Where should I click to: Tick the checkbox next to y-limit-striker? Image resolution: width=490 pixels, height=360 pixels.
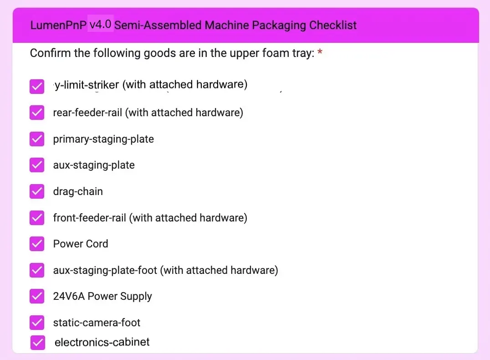click(x=37, y=87)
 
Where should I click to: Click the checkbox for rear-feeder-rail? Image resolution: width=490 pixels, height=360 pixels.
click(x=37, y=113)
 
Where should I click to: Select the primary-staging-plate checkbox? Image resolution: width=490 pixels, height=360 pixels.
click(x=37, y=139)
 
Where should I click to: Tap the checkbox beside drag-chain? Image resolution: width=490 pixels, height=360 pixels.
click(x=37, y=191)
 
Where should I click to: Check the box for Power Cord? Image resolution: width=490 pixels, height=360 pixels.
click(x=37, y=244)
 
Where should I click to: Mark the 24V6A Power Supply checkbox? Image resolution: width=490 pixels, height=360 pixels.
click(x=37, y=296)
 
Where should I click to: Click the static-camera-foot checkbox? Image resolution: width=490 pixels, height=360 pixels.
click(x=37, y=323)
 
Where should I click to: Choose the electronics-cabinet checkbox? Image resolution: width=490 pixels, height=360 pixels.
click(x=38, y=342)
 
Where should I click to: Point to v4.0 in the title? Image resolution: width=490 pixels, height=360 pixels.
click(x=101, y=24)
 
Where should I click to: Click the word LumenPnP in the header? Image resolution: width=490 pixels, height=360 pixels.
click(x=58, y=25)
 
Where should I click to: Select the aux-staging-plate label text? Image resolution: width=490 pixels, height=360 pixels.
click(x=94, y=165)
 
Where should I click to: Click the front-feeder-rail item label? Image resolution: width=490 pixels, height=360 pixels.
click(x=150, y=218)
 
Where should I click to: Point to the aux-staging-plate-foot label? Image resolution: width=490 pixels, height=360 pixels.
click(x=165, y=270)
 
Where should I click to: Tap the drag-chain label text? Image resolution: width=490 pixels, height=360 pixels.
click(x=78, y=191)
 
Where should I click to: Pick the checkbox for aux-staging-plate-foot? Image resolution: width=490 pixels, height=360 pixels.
click(x=37, y=270)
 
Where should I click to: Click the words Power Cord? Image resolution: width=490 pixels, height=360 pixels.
click(x=81, y=244)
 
